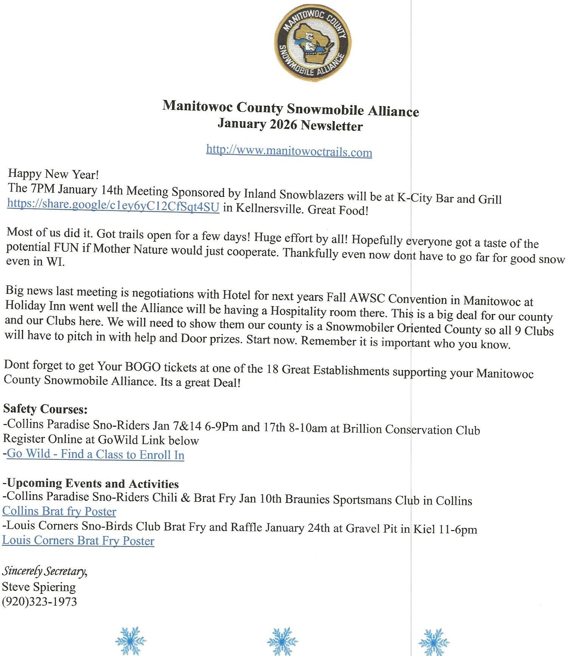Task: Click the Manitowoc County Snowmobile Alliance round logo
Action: (x=313, y=43)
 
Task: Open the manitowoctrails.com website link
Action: (x=289, y=151)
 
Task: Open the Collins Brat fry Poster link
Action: (x=59, y=511)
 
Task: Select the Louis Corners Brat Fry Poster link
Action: (x=78, y=540)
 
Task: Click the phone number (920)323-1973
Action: (x=39, y=601)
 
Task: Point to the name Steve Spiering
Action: (x=39, y=587)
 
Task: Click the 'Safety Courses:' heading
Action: (x=45, y=409)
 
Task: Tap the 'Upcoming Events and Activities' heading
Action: (x=93, y=483)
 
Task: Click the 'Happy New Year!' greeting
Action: (x=53, y=174)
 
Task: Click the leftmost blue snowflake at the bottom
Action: (x=131, y=640)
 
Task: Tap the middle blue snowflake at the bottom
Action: (x=282, y=641)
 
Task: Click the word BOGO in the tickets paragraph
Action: (x=143, y=367)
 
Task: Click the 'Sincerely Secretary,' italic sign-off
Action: (x=45, y=571)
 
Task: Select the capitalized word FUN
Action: (x=66, y=248)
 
